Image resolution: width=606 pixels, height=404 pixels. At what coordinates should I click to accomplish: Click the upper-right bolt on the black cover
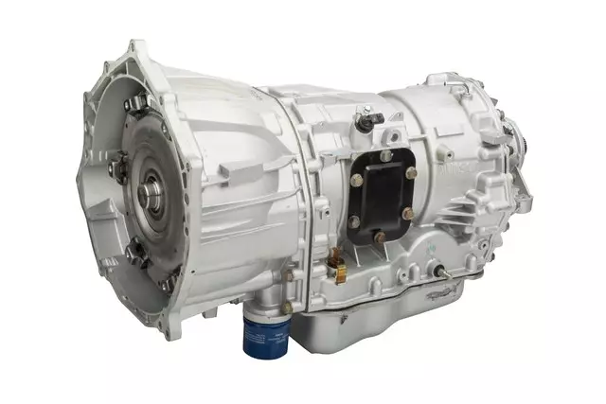tap(409, 172)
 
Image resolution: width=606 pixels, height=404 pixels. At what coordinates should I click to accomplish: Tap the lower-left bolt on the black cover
tap(353, 222)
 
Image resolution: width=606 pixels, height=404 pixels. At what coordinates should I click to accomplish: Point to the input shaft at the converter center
tap(151, 195)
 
